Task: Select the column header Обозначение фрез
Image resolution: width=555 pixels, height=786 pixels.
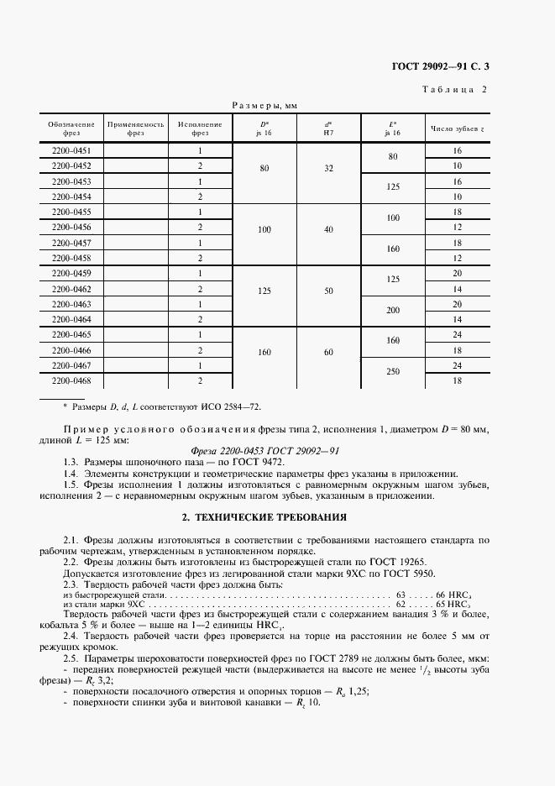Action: tap(71, 128)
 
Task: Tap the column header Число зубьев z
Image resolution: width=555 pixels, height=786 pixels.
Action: tap(457, 128)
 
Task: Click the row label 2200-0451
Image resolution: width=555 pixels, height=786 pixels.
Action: tap(71, 151)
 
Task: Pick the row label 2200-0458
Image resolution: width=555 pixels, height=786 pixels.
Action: tap(71, 259)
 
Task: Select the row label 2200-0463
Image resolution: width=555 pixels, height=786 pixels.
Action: tap(71, 304)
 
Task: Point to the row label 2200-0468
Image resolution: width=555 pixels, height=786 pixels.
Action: tap(71, 380)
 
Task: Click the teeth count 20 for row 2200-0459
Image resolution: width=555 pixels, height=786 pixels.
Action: tap(457, 274)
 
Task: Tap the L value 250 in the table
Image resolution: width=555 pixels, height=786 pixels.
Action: tap(392, 373)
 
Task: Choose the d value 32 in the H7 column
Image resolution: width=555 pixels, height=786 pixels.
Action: tap(329, 167)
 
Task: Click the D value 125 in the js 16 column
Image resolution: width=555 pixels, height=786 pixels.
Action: tap(264, 290)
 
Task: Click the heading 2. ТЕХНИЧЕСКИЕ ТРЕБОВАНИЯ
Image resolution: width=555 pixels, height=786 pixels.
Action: tap(277, 516)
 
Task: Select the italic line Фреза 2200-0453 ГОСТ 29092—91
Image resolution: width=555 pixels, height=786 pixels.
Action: tap(277, 448)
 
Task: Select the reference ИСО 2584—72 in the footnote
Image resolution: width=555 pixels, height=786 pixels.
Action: tap(232, 406)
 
